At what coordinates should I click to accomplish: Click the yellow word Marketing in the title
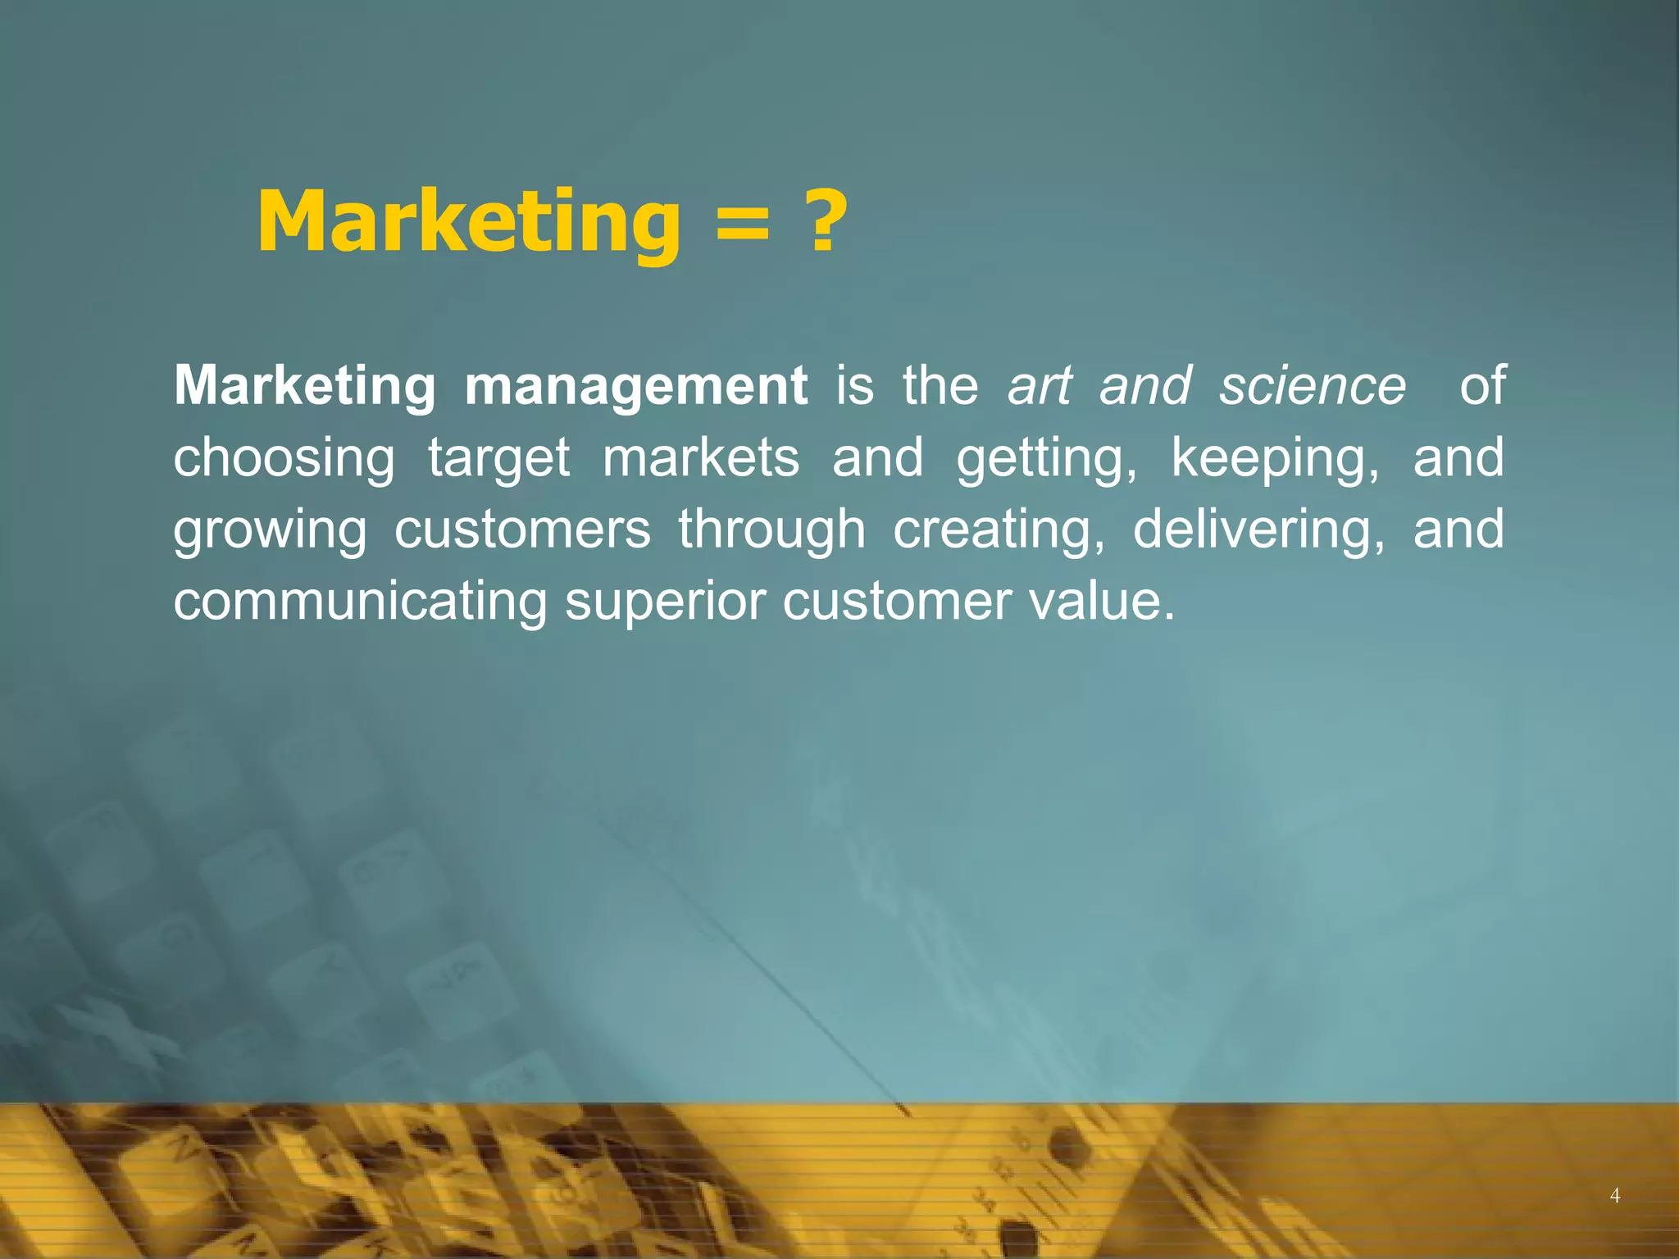[x=468, y=223]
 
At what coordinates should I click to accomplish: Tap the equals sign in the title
[x=742, y=226]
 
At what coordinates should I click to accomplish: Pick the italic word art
[x=1040, y=385]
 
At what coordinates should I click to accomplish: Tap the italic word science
[x=1312, y=385]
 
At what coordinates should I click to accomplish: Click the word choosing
[x=284, y=458]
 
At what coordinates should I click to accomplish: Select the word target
[x=498, y=458]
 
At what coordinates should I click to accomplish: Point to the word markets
[x=701, y=457]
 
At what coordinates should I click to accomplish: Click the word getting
[x=1046, y=458]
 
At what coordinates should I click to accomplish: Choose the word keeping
[x=1276, y=458]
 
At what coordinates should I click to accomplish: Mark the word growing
[x=270, y=530]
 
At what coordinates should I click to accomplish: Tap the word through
[x=771, y=529]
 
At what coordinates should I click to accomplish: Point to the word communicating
[x=360, y=601]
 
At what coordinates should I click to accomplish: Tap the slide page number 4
[x=1615, y=1196]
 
